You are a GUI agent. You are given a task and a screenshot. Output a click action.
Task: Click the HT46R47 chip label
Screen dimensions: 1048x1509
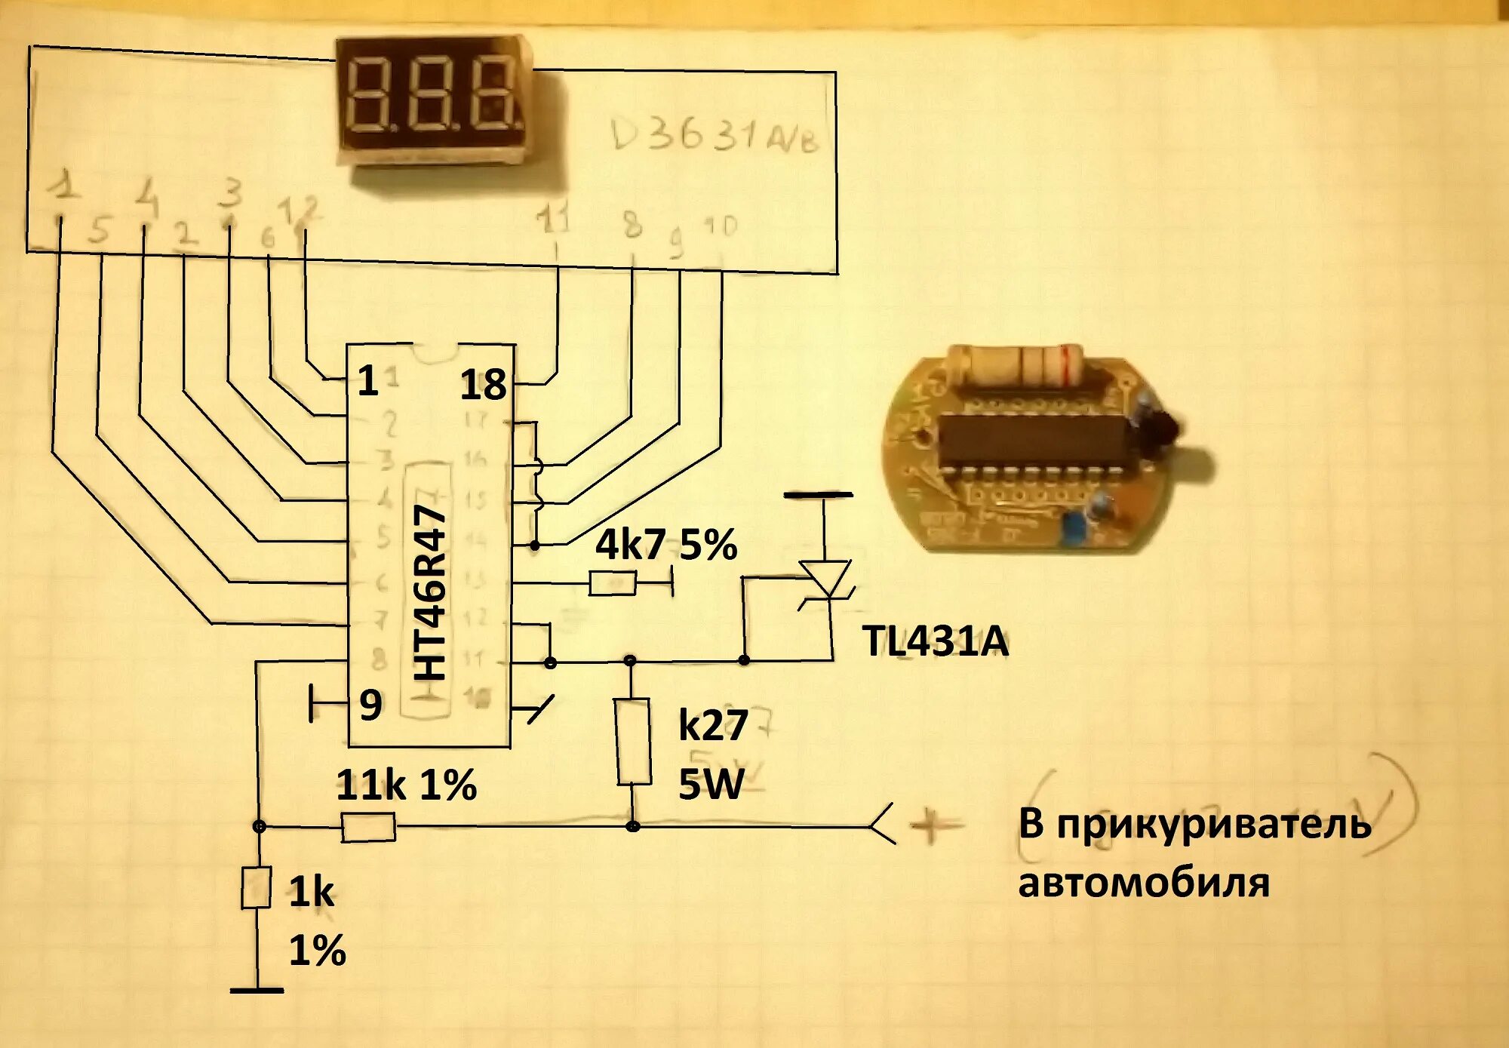point(431,594)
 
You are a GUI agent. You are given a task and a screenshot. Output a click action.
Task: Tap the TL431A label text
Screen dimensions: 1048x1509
point(935,642)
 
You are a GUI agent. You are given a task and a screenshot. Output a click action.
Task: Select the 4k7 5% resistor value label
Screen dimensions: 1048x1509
point(665,545)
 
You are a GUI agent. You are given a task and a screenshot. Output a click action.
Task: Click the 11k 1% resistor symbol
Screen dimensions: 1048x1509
point(367,827)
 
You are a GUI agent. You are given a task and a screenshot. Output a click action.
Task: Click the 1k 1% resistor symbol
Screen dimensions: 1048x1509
point(257,887)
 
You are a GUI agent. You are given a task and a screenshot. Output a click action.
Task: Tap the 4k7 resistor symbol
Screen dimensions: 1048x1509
point(612,583)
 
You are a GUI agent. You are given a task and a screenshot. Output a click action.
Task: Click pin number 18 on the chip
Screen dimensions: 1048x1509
point(483,385)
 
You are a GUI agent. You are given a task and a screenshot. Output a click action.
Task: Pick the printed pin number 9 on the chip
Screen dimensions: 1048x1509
point(370,705)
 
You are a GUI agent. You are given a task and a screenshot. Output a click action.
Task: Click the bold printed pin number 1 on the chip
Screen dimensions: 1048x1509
point(367,381)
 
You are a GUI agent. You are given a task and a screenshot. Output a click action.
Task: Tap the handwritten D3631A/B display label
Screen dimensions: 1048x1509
point(714,136)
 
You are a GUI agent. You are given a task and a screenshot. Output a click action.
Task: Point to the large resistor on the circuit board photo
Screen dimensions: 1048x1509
point(1017,367)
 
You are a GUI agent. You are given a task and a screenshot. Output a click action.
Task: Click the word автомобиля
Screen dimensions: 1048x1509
point(1144,883)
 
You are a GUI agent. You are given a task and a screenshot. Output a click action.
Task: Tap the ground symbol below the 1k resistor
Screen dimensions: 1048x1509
point(257,990)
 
